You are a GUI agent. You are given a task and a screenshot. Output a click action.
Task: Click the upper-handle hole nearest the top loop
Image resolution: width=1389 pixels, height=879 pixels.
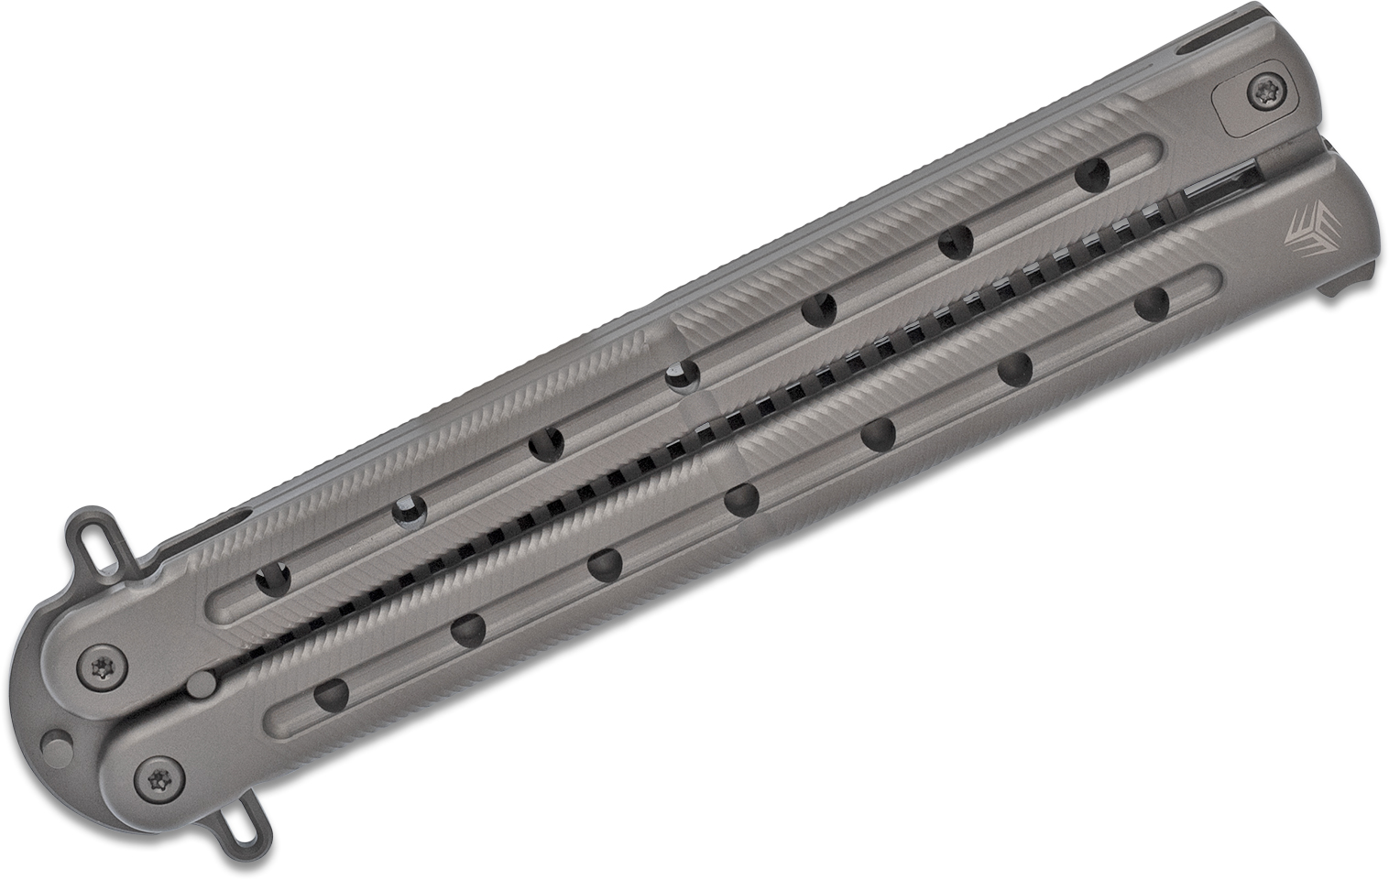tap(273, 579)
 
